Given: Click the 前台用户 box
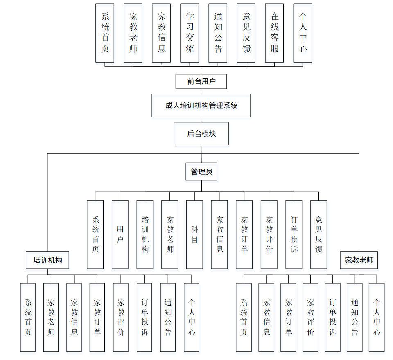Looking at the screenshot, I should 201,81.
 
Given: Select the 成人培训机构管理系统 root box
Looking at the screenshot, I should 201,106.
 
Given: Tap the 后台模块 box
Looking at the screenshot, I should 201,133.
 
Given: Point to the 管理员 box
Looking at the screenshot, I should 201,172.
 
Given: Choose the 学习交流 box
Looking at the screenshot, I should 190,33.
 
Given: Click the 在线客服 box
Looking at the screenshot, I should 274,33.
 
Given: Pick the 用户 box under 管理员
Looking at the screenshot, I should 120,234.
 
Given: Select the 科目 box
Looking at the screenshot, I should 194,234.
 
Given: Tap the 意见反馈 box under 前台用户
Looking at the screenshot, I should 246,33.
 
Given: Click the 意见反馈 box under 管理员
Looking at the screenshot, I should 318,234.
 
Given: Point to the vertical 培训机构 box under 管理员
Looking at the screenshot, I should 145,234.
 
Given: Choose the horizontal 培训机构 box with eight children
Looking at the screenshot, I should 47,260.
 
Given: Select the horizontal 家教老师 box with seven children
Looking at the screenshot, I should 359,260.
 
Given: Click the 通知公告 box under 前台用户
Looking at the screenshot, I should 218,33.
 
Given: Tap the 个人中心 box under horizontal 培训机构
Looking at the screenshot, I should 192,317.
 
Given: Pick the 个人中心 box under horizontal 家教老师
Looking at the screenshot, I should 377,317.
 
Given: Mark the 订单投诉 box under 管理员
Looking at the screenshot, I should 294,234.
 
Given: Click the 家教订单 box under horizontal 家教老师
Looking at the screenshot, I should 288,317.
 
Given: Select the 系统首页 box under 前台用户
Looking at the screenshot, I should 105,33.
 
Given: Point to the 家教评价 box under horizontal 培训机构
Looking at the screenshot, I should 121,317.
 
